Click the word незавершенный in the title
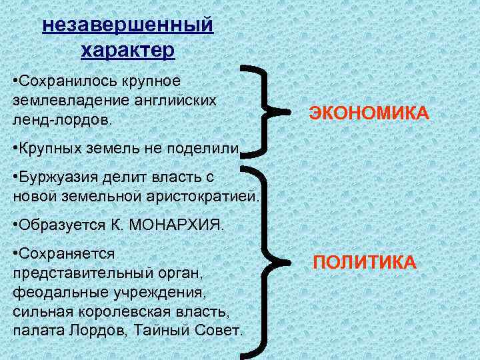click(x=128, y=25)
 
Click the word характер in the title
click(x=128, y=50)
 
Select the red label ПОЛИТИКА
click(x=365, y=262)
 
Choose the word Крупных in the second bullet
click(x=54, y=148)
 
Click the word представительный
click(x=79, y=273)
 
